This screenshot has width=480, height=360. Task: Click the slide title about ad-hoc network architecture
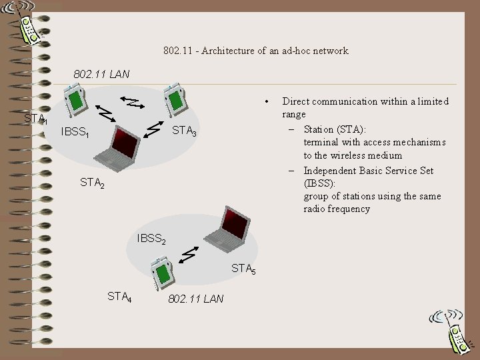(255, 51)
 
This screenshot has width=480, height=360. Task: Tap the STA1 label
(35, 119)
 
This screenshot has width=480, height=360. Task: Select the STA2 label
(92, 181)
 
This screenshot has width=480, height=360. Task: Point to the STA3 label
(185, 131)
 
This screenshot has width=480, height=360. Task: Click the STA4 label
(119, 295)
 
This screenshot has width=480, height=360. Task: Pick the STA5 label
(243, 269)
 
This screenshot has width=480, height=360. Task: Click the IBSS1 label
(75, 132)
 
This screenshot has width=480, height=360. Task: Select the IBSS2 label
(151, 238)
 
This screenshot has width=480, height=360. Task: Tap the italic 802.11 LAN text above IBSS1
(101, 73)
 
